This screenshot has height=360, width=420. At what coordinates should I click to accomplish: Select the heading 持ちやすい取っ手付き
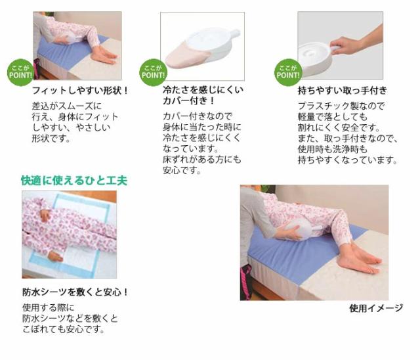[x=343, y=90]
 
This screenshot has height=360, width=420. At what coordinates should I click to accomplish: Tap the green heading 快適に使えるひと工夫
[x=74, y=180]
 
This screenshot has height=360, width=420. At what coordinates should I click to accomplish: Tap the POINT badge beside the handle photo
[x=289, y=71]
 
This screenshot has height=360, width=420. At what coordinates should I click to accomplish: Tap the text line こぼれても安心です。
[x=64, y=329]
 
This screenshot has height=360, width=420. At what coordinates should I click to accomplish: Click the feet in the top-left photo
[x=106, y=55]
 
